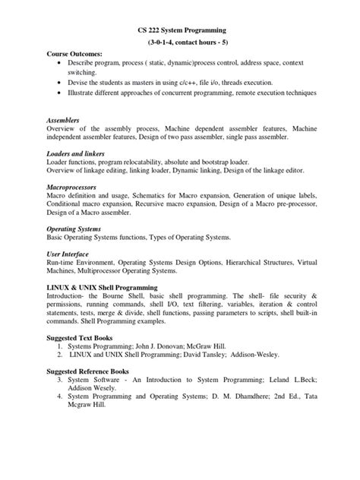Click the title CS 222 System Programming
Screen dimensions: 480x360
point(179,31)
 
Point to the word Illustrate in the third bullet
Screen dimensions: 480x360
point(85,93)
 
